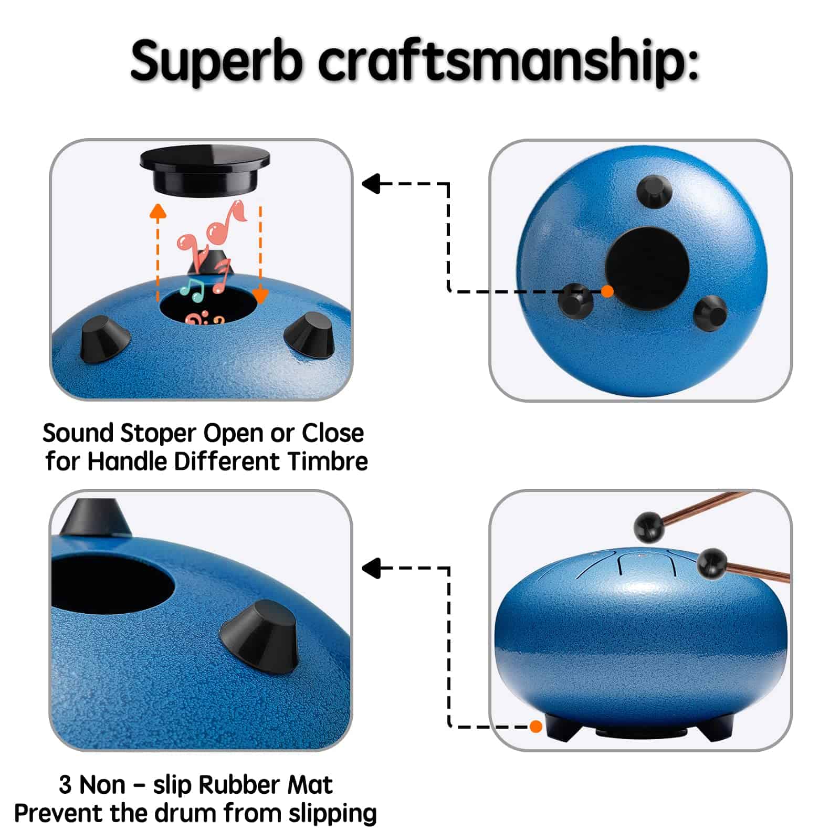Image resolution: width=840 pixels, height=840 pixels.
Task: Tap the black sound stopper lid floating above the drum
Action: click(x=205, y=169)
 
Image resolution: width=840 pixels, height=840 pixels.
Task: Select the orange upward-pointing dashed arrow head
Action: click(x=157, y=211)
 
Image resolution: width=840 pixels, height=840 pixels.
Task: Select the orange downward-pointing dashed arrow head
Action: click(x=261, y=296)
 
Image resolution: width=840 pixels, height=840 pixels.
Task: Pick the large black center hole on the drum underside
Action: click(x=647, y=268)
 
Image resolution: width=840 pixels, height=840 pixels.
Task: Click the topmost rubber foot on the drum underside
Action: click(x=654, y=192)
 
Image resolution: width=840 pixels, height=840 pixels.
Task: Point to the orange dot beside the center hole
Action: click(x=607, y=291)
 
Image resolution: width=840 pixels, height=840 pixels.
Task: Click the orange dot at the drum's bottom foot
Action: click(x=536, y=727)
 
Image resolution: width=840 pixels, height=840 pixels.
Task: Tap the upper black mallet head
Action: click(x=649, y=527)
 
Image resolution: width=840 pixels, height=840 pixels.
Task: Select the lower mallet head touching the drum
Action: click(x=712, y=563)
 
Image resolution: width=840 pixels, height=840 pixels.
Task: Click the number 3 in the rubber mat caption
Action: click(x=65, y=785)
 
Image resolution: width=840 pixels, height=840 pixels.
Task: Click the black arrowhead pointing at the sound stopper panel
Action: click(x=371, y=184)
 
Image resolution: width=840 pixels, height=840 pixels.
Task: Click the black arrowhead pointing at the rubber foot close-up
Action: click(x=371, y=568)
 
